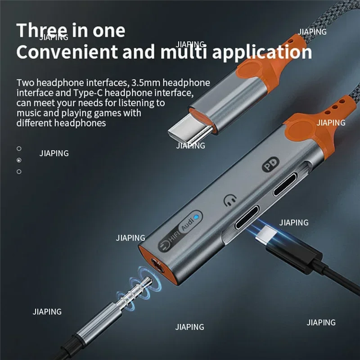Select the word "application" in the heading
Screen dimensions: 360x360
click(262, 52)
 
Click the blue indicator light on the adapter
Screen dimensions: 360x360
click(196, 216)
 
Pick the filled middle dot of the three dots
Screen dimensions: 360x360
click(19, 160)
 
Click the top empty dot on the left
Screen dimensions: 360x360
click(19, 148)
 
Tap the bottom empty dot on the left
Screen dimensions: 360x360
click(19, 171)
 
